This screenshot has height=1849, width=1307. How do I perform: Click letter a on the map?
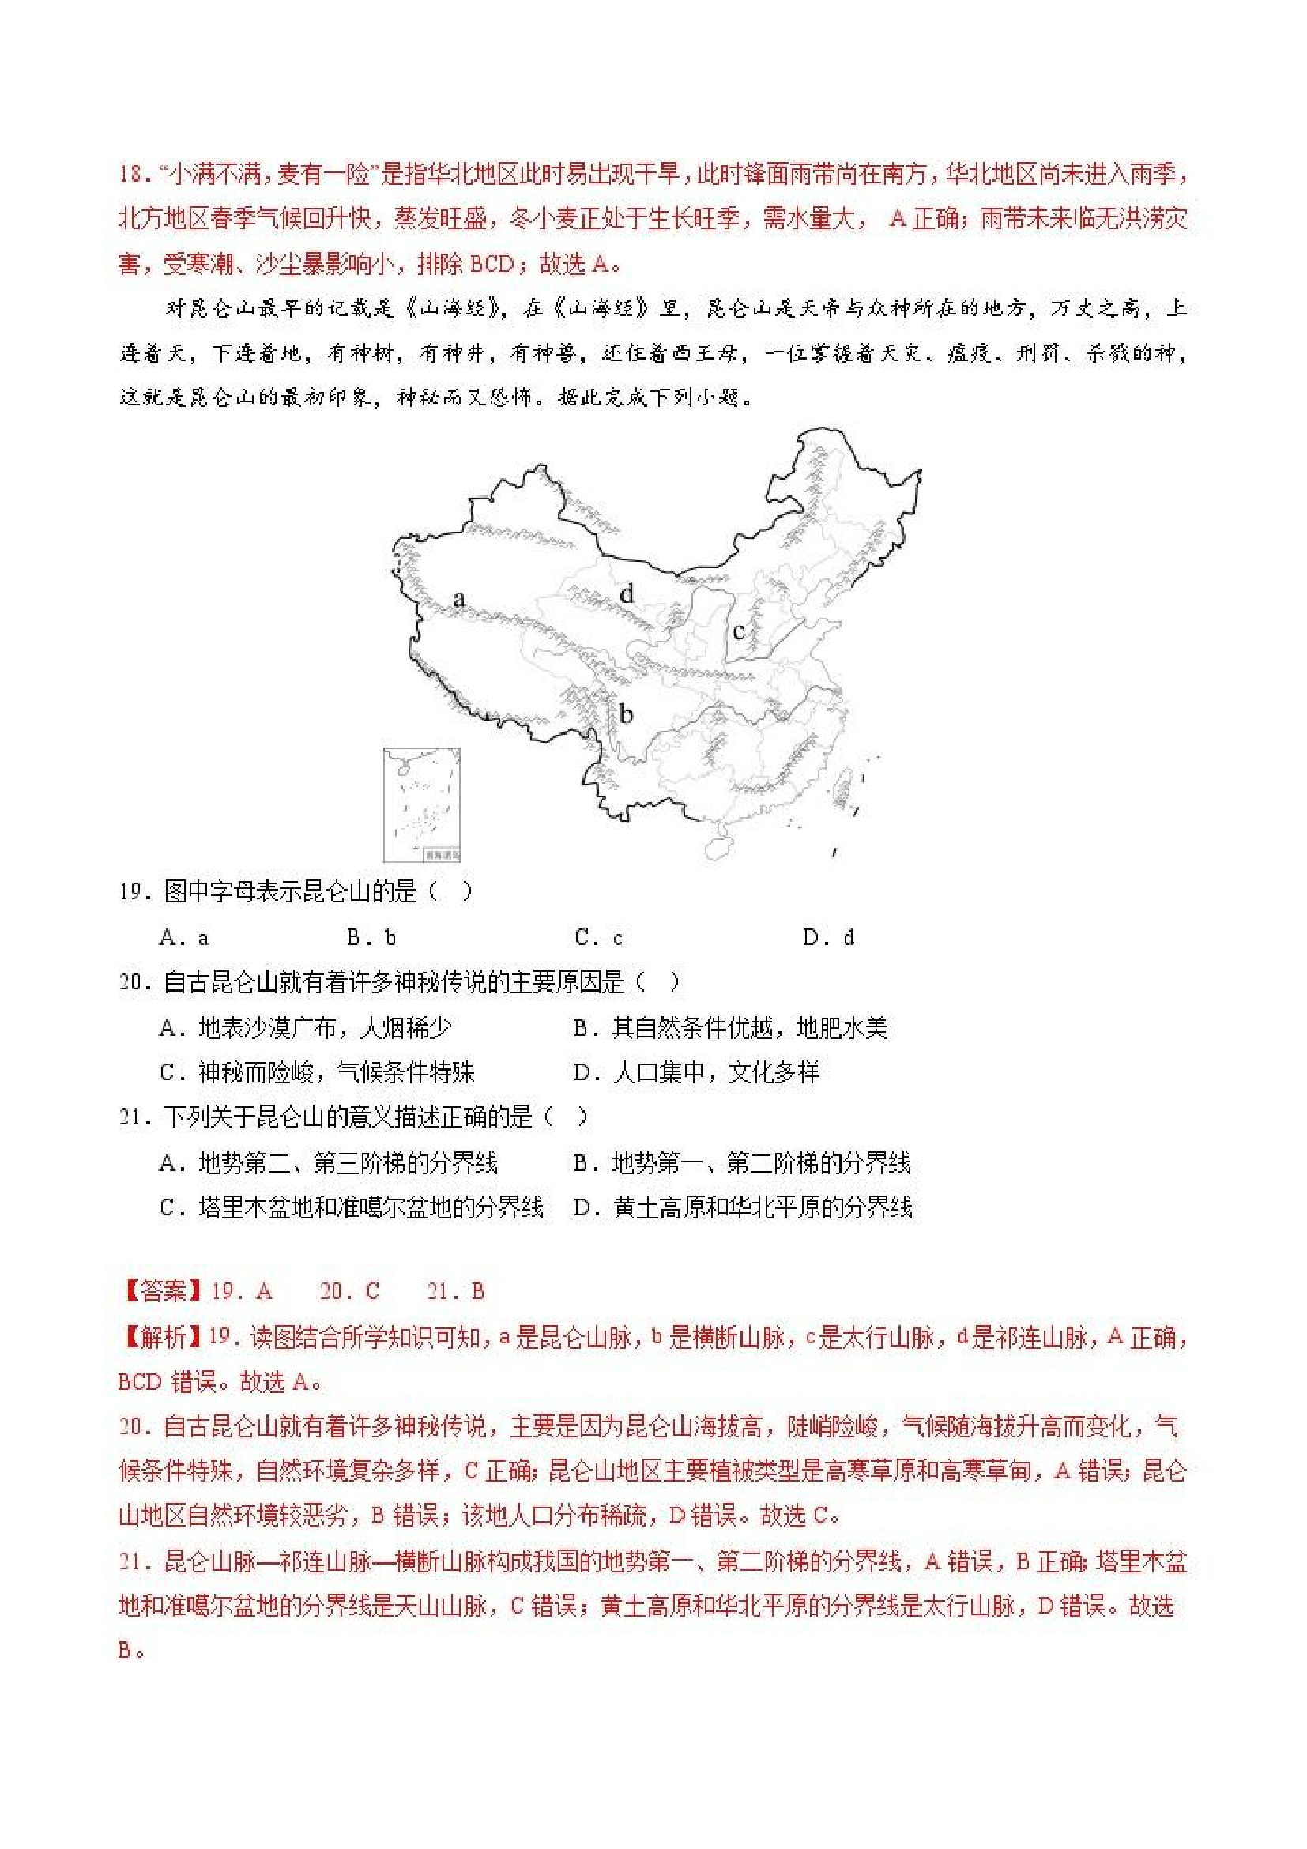point(459,598)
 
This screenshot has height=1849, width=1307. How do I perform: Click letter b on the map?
point(626,714)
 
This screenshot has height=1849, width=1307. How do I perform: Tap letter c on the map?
point(737,631)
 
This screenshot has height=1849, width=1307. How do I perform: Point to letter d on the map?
point(627,594)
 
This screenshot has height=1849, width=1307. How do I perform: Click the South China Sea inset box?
point(421,804)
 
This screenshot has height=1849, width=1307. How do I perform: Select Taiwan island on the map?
point(843,786)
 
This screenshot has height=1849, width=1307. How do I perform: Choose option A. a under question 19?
point(184,937)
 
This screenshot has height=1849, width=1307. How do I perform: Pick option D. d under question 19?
point(828,937)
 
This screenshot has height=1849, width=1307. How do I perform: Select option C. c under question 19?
point(599,937)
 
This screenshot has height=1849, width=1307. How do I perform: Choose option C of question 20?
point(318,1073)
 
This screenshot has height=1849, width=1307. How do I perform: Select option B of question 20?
point(730,1028)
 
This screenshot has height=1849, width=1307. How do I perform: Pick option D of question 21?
point(743,1208)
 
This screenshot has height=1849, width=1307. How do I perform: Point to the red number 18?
point(132,174)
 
